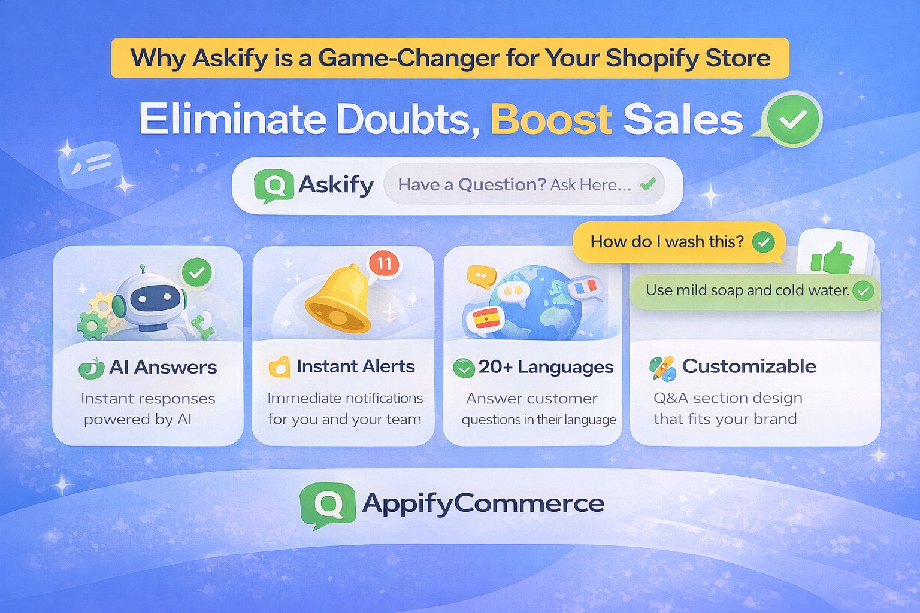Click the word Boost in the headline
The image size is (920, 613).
(551, 120)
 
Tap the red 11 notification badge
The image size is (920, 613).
(384, 263)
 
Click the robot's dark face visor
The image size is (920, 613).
(153, 298)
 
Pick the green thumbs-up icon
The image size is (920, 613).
(832, 258)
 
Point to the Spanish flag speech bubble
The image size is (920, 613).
(486, 318)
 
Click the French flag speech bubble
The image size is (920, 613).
(585, 286)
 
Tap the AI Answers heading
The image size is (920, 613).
(163, 367)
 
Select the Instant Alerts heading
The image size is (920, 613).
(356, 366)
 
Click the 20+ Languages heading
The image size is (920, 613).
(546, 367)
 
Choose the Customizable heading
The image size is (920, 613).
(749, 366)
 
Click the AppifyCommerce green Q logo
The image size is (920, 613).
(328, 505)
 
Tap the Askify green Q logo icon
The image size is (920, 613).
(274, 186)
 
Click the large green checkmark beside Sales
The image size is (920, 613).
(793, 119)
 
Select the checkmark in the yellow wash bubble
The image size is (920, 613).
(764, 242)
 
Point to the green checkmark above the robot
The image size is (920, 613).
(197, 272)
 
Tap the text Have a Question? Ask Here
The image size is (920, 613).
(515, 185)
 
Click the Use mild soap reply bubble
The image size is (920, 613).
(755, 291)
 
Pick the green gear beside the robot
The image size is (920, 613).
(92, 325)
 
